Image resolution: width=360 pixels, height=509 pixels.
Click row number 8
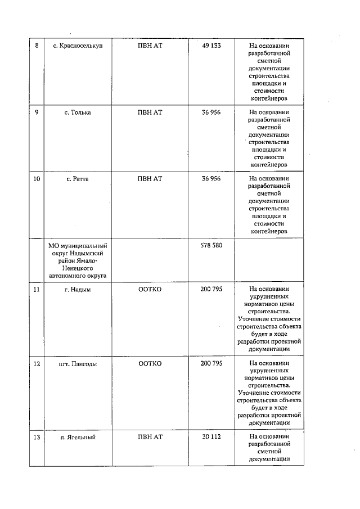click(37, 46)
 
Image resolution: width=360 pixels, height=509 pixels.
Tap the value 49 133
click(211, 46)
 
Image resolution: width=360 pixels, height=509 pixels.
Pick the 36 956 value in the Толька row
click(211, 112)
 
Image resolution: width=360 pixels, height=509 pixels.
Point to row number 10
click(37, 179)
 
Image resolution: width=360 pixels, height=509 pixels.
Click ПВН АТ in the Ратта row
click(150, 179)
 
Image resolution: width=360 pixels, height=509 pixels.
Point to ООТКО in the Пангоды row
click(150, 363)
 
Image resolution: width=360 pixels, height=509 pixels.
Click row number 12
click(37, 363)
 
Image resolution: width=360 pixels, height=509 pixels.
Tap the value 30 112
click(211, 437)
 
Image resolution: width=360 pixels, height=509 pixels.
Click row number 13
click(37, 437)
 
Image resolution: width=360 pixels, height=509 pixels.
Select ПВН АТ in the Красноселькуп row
click(150, 46)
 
